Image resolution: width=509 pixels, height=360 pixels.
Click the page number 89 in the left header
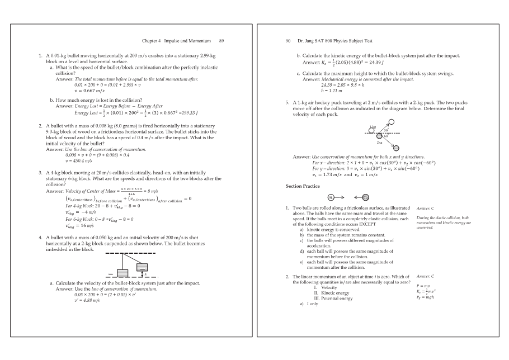tap(221, 41)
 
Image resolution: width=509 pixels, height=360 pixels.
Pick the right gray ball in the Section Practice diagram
tap(365, 197)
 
